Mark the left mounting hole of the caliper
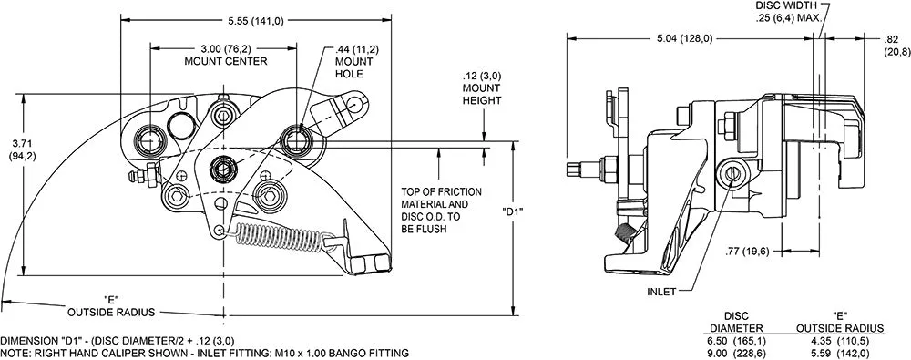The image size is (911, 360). (150, 141)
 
